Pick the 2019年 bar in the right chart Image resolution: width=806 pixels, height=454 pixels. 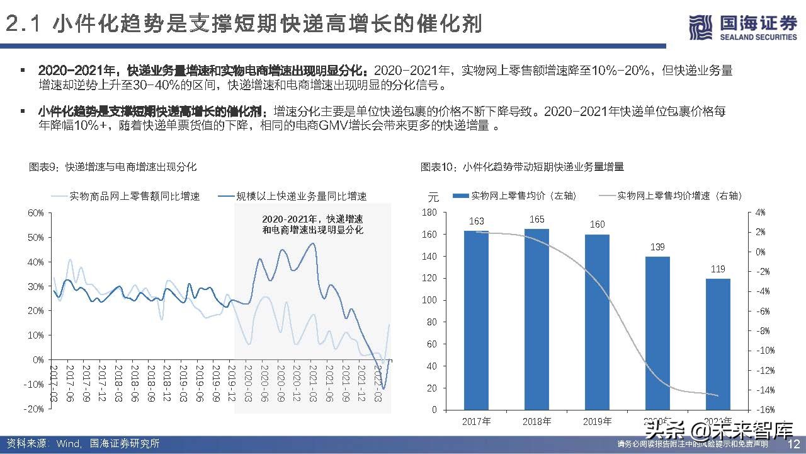597,322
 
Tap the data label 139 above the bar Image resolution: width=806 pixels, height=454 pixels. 657,247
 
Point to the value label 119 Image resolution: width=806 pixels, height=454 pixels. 718,269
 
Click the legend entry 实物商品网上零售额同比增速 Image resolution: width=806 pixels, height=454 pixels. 126,196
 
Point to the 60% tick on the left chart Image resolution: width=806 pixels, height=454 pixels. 36,213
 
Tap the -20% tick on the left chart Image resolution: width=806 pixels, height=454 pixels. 35,409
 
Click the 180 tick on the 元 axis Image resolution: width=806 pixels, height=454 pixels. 431,213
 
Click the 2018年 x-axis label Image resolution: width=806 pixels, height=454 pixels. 536,421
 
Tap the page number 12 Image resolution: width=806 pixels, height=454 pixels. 793,444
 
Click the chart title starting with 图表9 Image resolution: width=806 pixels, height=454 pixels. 113,167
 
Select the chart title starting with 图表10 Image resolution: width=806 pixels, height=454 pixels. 522,167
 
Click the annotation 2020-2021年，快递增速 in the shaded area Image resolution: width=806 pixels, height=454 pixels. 312,218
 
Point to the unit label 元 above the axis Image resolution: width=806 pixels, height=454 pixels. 432,196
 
